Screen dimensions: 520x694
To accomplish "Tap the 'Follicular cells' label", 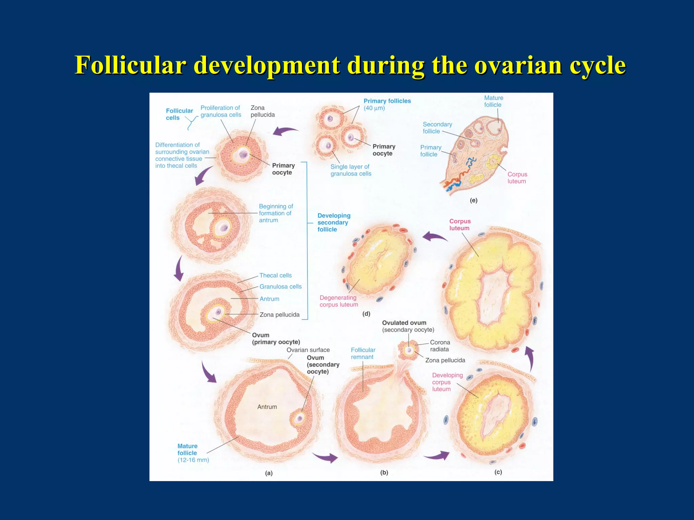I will (179, 114).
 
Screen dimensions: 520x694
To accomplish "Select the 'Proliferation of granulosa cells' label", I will (221, 111).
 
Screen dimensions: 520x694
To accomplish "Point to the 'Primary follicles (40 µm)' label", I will (387, 104).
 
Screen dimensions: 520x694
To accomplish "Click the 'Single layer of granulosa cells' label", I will (351, 170).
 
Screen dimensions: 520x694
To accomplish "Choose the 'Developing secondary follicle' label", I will (333, 222).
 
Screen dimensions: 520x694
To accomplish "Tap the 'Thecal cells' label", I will (275, 276).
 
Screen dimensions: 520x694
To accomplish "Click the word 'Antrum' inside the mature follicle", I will (267, 407).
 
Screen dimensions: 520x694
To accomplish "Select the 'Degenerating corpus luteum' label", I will (339, 301).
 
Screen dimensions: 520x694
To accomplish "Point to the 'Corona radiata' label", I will (440, 346).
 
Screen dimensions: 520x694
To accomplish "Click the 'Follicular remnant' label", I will (363, 353).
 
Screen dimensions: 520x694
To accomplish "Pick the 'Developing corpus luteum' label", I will (447, 382).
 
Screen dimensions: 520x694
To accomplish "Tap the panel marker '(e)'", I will (473, 200).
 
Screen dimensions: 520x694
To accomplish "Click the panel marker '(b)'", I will (384, 473).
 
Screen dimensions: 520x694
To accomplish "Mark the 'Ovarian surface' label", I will (308, 350).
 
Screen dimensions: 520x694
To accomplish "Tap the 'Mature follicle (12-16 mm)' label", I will (193, 453).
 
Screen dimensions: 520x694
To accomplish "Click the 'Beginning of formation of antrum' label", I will (275, 213).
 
